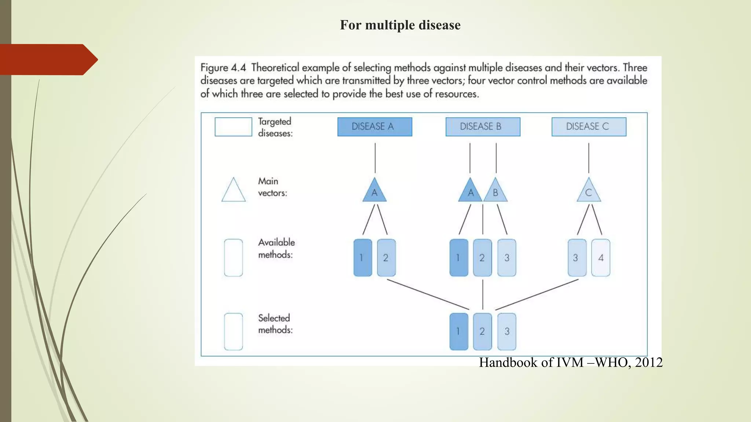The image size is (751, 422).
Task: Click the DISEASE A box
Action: click(374, 127)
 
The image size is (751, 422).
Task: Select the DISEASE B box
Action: click(483, 127)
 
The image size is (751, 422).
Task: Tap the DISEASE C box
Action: click(589, 127)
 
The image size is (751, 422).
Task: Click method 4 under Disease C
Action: click(600, 258)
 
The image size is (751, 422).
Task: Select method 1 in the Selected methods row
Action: click(458, 331)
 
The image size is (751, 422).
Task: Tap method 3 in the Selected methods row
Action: click(506, 331)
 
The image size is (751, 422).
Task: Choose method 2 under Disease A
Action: click(386, 258)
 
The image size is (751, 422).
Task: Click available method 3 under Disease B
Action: click(506, 258)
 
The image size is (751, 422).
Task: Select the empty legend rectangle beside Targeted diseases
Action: click(233, 127)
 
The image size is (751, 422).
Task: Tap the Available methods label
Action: click(276, 248)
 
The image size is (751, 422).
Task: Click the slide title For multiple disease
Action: click(400, 25)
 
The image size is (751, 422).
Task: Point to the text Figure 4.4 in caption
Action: click(223, 68)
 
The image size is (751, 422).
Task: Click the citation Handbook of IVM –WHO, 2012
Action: click(571, 362)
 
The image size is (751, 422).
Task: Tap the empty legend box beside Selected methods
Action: click(233, 331)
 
